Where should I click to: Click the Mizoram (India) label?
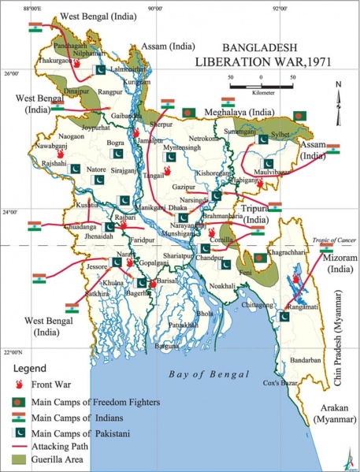point(341,263)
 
